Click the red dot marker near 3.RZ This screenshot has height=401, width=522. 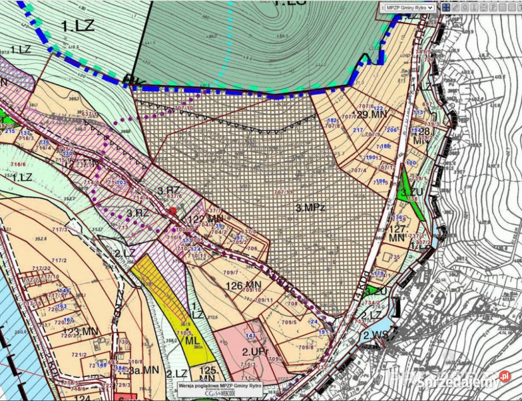tap(173, 211)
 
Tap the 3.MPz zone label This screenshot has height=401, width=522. tap(310, 208)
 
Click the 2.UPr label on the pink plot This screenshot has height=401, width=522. tap(255, 351)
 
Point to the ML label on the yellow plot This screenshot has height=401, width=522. tap(192, 340)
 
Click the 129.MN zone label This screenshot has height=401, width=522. tap(372, 114)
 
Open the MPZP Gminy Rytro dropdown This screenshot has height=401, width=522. tap(409, 8)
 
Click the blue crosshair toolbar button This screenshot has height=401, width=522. tap(446, 8)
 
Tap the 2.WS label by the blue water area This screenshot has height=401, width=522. tap(375, 336)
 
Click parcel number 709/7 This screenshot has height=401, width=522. tap(230, 272)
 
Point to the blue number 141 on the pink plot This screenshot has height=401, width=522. tap(250, 336)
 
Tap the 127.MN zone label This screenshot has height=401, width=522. tap(397, 233)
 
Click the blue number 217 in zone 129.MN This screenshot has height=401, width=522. tap(358, 130)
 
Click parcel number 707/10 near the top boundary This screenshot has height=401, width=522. tap(183, 108)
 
